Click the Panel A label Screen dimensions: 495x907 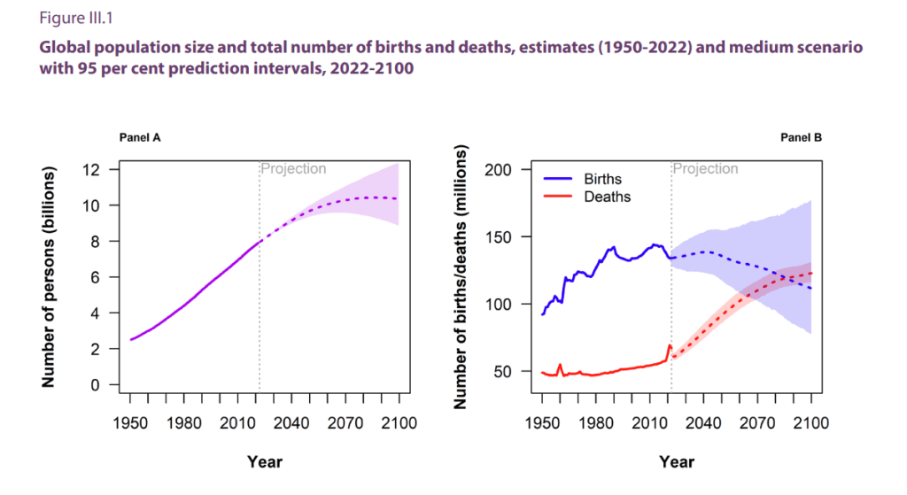click(140, 137)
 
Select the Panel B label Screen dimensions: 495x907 click(801, 137)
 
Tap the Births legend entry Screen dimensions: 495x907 click(602, 180)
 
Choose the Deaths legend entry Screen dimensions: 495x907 click(607, 197)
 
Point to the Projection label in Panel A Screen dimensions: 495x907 click(293, 168)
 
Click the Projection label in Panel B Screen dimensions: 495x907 click(706, 168)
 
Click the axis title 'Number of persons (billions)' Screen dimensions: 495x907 click(50, 277)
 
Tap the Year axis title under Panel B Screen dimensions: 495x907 click(677, 461)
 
